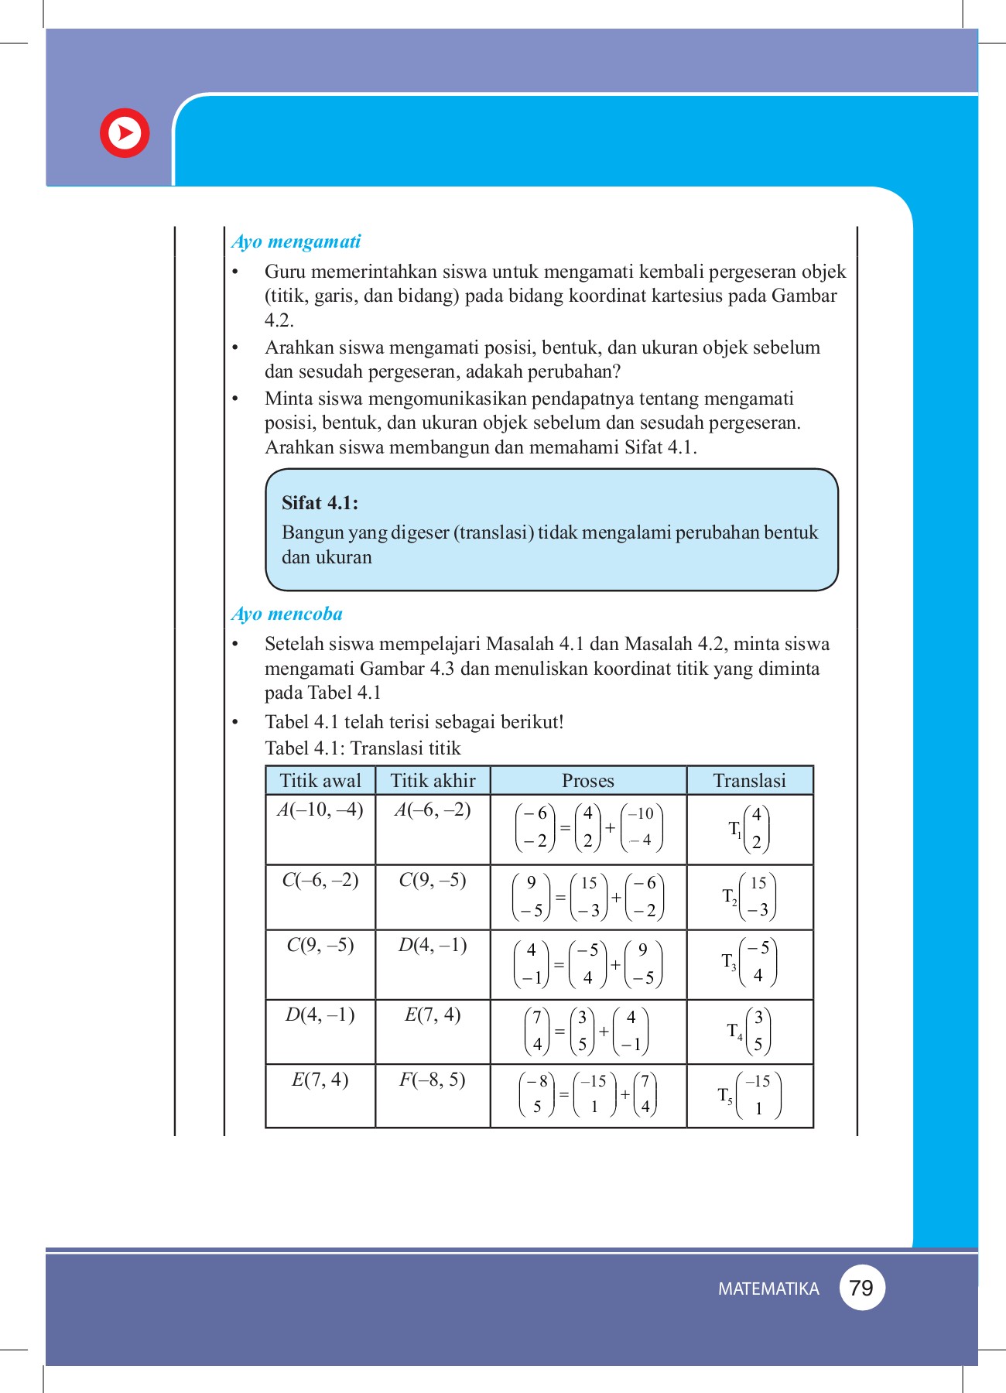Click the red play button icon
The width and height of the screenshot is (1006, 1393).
click(x=125, y=133)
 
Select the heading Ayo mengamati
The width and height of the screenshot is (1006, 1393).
click(x=296, y=241)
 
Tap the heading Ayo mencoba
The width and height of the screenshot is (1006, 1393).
click(x=287, y=614)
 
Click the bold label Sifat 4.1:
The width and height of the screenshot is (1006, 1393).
click(x=320, y=503)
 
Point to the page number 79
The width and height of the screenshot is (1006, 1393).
click(x=861, y=1288)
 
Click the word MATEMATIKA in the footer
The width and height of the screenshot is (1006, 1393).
click(x=768, y=1289)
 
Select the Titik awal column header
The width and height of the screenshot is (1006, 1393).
click(x=320, y=780)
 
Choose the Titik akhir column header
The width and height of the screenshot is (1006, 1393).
click(x=433, y=780)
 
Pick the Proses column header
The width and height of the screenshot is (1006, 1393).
click(x=588, y=780)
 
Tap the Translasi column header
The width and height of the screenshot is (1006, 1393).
click(x=749, y=780)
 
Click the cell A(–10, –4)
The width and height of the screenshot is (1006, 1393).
click(x=320, y=809)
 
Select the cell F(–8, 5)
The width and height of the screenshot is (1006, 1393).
click(x=433, y=1080)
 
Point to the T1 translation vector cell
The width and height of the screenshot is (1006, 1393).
click(x=749, y=829)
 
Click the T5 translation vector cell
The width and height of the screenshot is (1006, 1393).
click(x=749, y=1095)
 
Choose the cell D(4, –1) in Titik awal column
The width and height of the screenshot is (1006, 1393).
click(x=320, y=1015)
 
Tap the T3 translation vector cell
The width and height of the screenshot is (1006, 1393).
click(x=749, y=962)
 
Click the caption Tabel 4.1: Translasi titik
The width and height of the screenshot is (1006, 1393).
click(x=363, y=748)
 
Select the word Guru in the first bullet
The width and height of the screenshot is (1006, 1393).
click(x=286, y=272)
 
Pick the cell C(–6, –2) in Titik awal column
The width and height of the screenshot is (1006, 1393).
click(x=320, y=880)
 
